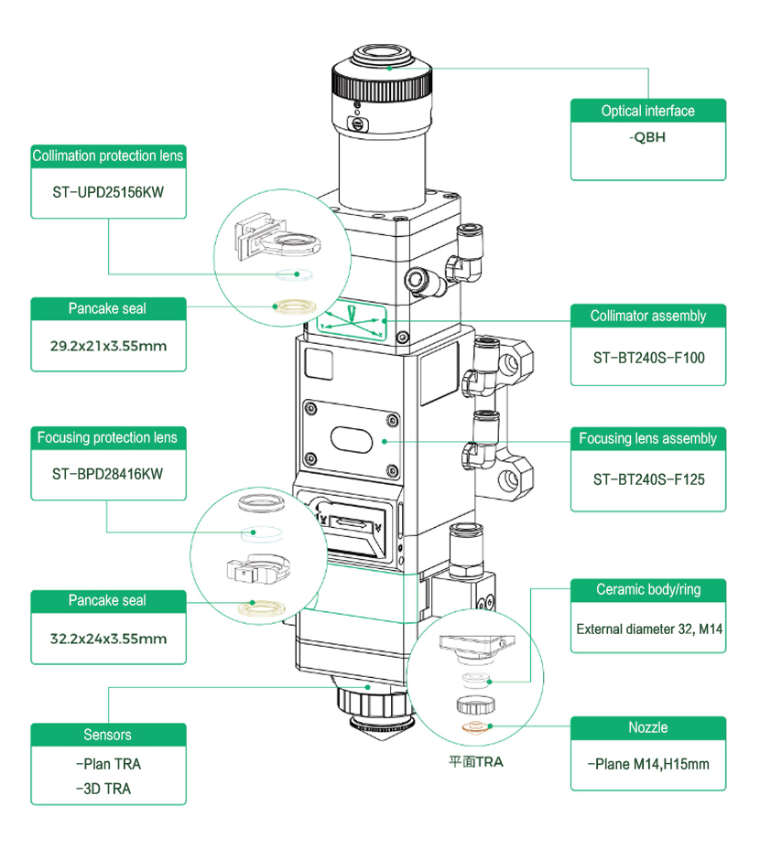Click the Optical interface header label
pyautogui.click(x=647, y=111)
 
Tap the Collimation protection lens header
pyautogui.click(x=108, y=156)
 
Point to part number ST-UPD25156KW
pyautogui.click(x=108, y=193)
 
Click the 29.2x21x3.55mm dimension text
pyautogui.click(x=108, y=347)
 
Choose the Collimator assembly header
pyautogui.click(x=647, y=316)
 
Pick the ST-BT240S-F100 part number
pyautogui.click(x=647, y=357)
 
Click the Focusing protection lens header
pyautogui.click(x=108, y=437)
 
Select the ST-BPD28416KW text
pyautogui.click(x=108, y=474)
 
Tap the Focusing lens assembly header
pyautogui.click(x=647, y=438)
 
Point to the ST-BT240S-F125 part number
pyautogui.click(x=647, y=479)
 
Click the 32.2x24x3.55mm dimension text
pyautogui.click(x=108, y=638)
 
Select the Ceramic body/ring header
pyautogui.click(x=647, y=589)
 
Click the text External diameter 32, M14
pyautogui.click(x=647, y=629)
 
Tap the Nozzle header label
pyautogui.click(x=647, y=727)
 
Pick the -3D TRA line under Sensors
pyautogui.click(x=103, y=788)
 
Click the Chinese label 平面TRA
pyautogui.click(x=475, y=760)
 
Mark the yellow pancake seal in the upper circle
pyautogui.click(x=296, y=306)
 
